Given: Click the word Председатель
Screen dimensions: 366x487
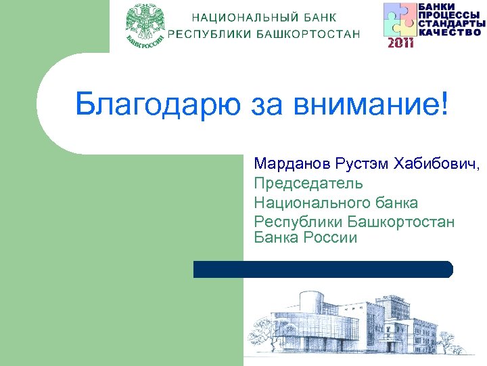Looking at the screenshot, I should pos(308,183).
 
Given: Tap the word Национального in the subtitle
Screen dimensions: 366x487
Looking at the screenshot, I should pos(311,202).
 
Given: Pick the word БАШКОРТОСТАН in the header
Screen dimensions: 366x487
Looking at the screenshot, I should pos(308,35).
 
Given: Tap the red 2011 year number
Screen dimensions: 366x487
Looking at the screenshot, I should pos(400,43).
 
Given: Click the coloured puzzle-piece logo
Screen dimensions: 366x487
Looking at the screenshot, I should pos(400,20).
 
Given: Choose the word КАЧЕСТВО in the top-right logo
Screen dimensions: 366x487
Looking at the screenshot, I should pos(451,31).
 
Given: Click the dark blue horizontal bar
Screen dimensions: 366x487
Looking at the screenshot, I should pos(323,269).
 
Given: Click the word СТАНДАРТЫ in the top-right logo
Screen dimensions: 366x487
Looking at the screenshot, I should pos(451,24).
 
